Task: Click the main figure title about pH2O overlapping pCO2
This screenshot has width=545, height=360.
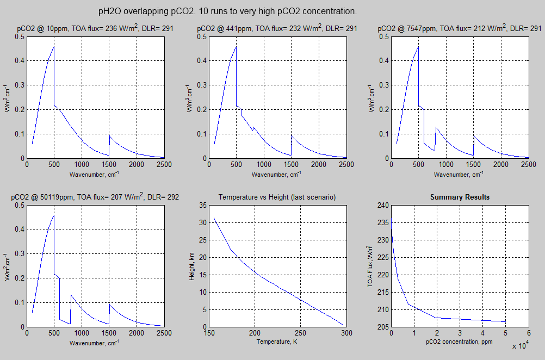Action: [227, 11]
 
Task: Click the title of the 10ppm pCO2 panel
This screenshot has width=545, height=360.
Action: [92, 28]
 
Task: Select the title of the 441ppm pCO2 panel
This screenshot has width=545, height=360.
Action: [277, 28]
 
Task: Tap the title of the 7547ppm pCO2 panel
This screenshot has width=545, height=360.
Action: [460, 28]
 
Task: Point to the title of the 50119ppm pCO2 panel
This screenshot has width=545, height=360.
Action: [95, 197]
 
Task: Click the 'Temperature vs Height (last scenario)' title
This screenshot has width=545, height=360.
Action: [277, 197]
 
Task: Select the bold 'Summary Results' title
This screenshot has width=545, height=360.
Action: [460, 197]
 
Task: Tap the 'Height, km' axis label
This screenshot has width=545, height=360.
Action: [191, 266]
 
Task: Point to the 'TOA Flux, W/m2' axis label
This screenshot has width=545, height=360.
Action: [370, 266]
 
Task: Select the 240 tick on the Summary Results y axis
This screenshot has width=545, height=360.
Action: [382, 205]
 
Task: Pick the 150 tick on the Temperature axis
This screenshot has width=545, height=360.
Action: [209, 333]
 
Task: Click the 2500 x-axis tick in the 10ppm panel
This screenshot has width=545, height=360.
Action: [163, 164]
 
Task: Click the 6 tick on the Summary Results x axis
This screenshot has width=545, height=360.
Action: [528, 333]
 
